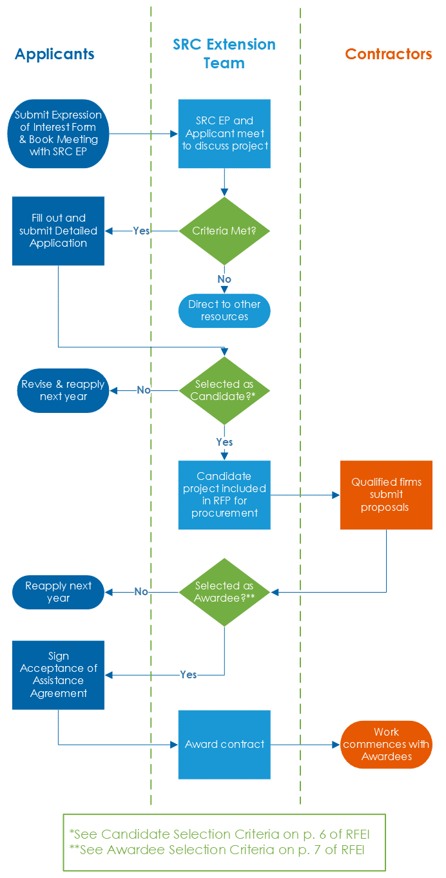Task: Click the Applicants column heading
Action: click(54, 54)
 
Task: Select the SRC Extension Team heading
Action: click(224, 53)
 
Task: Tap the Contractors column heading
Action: click(388, 54)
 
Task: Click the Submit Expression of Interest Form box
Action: click(58, 133)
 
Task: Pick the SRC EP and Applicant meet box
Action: click(224, 133)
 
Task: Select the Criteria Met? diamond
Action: click(224, 231)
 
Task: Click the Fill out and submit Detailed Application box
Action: click(58, 231)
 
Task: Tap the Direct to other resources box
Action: click(224, 310)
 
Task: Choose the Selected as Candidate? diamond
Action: click(224, 390)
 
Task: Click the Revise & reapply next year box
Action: click(63, 390)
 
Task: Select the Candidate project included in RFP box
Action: click(224, 495)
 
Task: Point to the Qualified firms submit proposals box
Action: click(386, 495)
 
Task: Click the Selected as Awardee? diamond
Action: click(224, 592)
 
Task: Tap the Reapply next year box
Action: click(58, 592)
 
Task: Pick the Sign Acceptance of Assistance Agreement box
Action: click(58, 674)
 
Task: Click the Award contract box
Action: click(224, 744)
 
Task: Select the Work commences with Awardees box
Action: click(386, 744)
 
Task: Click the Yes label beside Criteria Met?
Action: click(141, 231)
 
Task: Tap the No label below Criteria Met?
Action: click(224, 280)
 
